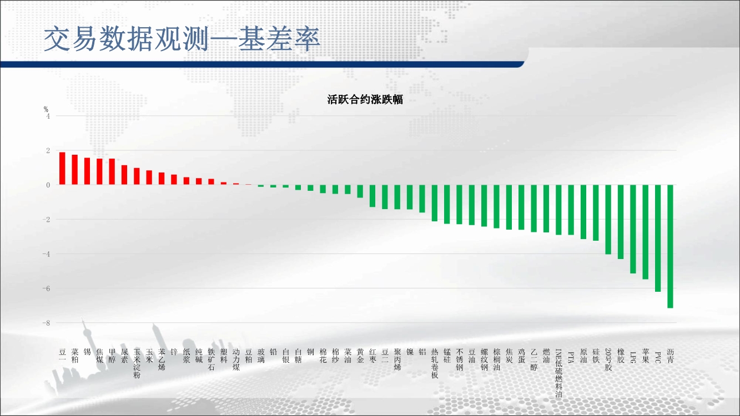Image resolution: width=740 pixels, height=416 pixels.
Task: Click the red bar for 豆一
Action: (62, 168)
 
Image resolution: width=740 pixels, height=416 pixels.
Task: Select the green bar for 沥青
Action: (670, 246)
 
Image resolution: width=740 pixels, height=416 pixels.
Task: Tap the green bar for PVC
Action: (658, 238)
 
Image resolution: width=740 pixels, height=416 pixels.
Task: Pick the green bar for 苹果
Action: (646, 232)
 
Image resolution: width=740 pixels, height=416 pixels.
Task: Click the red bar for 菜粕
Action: (74, 169)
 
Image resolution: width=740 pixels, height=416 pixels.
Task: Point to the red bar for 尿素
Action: (124, 175)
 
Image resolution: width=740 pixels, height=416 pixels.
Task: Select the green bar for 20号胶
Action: (608, 219)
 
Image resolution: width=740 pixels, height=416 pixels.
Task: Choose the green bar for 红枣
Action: (372, 196)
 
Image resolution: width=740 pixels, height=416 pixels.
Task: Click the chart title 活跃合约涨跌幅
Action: (365, 99)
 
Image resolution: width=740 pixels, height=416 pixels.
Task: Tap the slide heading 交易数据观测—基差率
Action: (182, 39)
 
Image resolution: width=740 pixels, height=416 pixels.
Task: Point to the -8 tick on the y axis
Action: (46, 323)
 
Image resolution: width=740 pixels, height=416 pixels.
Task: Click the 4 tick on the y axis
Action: (48, 116)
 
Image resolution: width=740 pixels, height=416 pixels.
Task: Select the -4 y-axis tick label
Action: (46, 254)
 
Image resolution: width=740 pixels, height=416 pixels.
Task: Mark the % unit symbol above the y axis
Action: (46, 109)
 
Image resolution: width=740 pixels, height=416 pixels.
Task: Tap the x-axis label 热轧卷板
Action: (435, 363)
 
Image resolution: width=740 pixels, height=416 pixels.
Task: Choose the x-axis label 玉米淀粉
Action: (137, 363)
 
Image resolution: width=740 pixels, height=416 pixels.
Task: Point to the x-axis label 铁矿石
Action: (211, 359)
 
